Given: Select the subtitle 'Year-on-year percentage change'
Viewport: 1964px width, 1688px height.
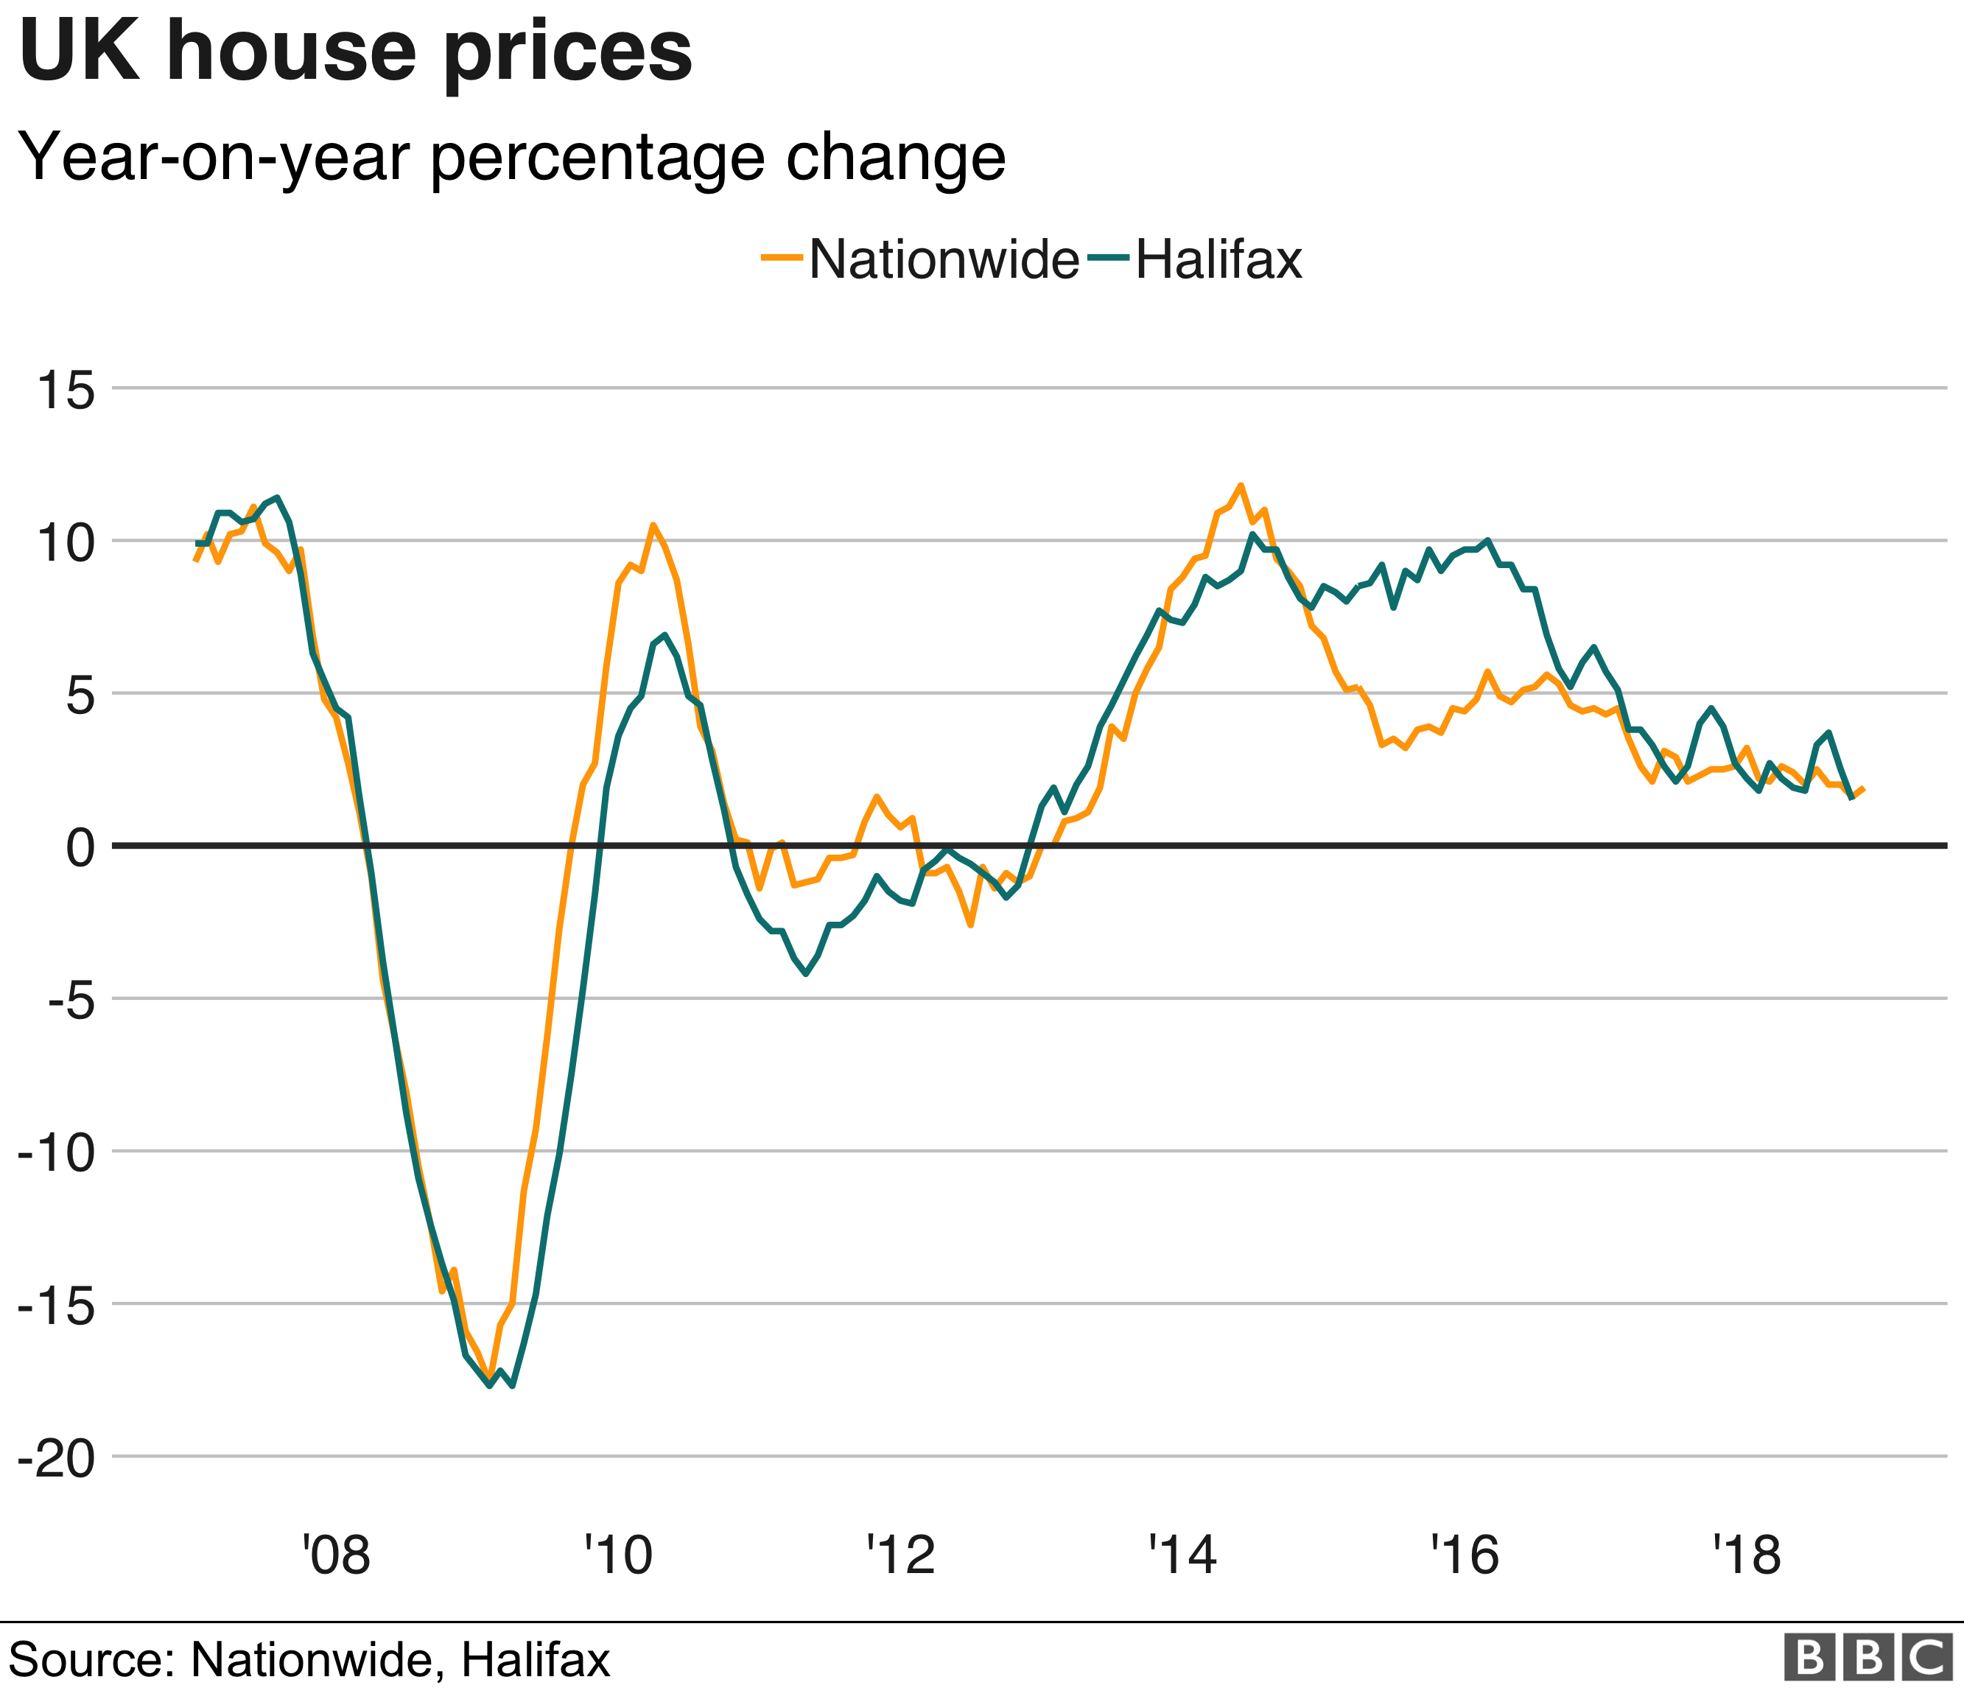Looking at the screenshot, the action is click(x=512, y=158).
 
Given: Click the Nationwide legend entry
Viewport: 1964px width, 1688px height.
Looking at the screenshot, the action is click(x=920, y=259).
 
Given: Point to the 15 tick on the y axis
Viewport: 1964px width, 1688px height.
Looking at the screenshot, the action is click(x=66, y=390).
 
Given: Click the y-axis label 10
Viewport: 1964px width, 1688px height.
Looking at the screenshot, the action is click(x=66, y=543).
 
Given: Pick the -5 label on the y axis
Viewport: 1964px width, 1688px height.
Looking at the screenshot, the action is click(x=72, y=1001).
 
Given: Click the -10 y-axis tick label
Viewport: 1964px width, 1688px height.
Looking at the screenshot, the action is click(x=57, y=1153).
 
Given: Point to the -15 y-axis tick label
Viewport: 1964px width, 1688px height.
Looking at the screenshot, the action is click(x=57, y=1306).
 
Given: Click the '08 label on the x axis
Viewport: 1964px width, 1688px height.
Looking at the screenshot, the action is click(x=337, y=1555).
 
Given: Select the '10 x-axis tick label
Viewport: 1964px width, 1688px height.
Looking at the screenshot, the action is click(x=618, y=1555).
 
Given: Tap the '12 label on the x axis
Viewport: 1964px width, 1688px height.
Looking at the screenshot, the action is click(x=900, y=1555).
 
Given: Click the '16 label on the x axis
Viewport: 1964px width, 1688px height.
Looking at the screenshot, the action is click(x=1465, y=1555).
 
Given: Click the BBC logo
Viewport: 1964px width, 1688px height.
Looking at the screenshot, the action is click(x=1868, y=1657).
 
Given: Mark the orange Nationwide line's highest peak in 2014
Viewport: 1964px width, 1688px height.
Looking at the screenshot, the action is click(x=1241, y=486).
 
